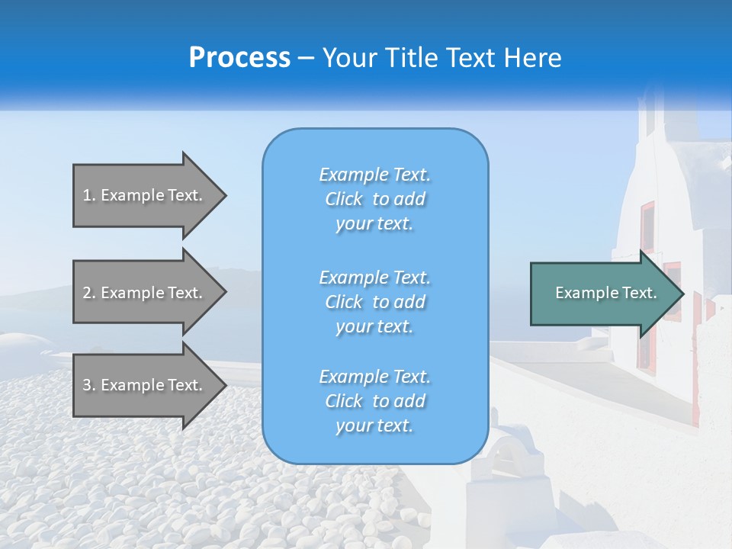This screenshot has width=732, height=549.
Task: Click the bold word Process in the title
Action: point(239,58)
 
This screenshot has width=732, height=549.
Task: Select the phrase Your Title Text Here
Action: point(441,58)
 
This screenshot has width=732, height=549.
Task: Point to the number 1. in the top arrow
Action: point(89,195)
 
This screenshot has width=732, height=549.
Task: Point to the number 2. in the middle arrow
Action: point(89,293)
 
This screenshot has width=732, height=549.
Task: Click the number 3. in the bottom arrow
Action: point(89,385)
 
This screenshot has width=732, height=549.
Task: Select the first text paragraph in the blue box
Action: point(374,199)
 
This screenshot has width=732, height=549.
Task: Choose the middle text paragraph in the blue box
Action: point(374,302)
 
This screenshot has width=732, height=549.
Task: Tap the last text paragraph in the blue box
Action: point(374,401)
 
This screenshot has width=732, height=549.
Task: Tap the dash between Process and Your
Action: point(306,59)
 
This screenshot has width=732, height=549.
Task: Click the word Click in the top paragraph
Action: point(344,199)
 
